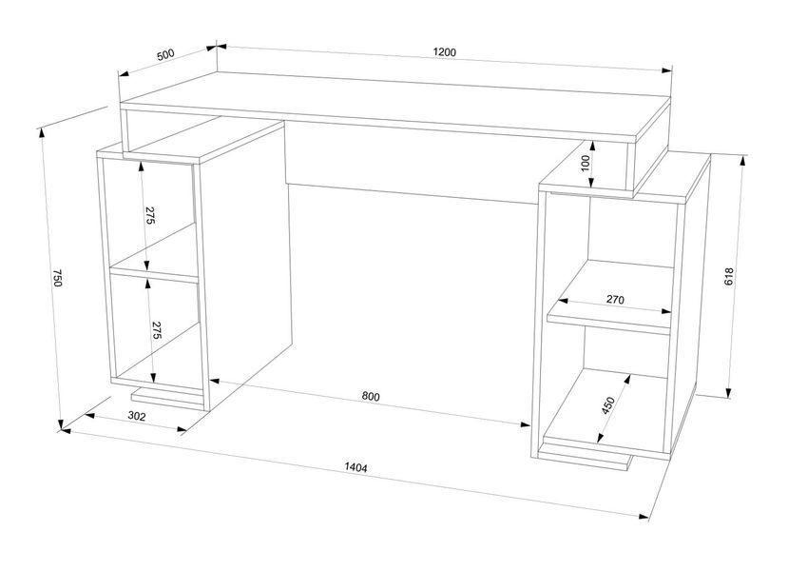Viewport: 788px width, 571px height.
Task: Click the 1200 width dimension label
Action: [x=444, y=52]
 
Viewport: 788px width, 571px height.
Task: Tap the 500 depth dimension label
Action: [x=165, y=54]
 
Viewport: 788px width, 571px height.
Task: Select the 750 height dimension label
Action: [x=57, y=278]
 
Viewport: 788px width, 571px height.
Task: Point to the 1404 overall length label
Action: [x=356, y=467]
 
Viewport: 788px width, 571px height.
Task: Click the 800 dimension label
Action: [x=371, y=397]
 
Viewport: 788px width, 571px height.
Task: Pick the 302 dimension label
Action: [x=137, y=416]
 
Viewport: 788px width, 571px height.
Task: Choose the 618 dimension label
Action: [x=729, y=277]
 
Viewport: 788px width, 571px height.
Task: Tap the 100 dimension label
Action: [x=585, y=164]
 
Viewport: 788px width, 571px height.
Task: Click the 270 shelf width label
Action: [x=615, y=300]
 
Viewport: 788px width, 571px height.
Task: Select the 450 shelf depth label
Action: [x=608, y=405]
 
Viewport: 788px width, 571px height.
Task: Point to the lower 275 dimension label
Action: [x=156, y=330]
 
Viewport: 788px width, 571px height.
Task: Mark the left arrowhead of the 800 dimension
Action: [x=216, y=381]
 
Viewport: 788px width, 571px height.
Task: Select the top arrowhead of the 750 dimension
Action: [x=41, y=133]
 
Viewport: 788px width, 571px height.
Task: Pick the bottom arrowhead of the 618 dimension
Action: [x=728, y=392]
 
